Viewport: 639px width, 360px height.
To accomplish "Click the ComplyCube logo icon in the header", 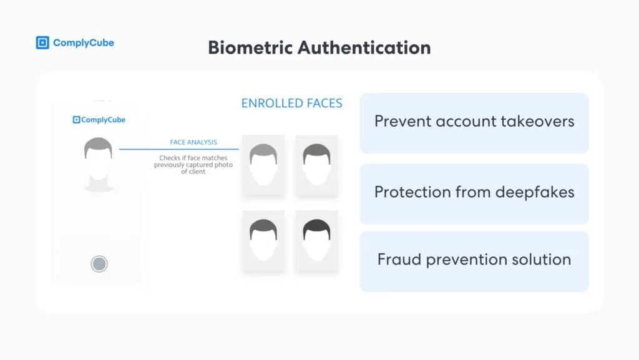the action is pyautogui.click(x=42, y=43).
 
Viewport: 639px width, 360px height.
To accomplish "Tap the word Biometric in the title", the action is pyautogui.click(x=250, y=47).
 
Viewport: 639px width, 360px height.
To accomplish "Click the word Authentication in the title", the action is pyautogui.click(x=364, y=47).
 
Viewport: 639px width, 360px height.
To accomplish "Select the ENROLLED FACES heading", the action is pyautogui.click(x=292, y=104).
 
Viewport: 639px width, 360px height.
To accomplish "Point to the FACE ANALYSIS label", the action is pyautogui.click(x=193, y=142).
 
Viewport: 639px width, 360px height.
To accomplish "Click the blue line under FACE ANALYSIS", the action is pyautogui.click(x=179, y=149).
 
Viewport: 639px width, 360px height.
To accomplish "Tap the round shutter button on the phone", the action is pyautogui.click(x=99, y=264).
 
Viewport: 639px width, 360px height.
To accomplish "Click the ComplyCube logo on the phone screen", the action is pyautogui.click(x=99, y=120).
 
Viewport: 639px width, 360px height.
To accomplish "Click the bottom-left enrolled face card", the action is pyautogui.click(x=263, y=241).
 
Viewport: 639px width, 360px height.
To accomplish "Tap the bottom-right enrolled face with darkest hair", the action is pyautogui.click(x=316, y=241).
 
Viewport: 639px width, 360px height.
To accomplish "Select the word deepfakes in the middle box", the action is pyautogui.click(x=535, y=192).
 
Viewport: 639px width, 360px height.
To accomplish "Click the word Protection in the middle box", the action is pyautogui.click(x=412, y=192).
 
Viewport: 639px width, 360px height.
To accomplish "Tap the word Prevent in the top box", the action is pyautogui.click(x=402, y=122).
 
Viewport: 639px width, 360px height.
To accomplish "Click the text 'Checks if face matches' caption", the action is pyautogui.click(x=193, y=158).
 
